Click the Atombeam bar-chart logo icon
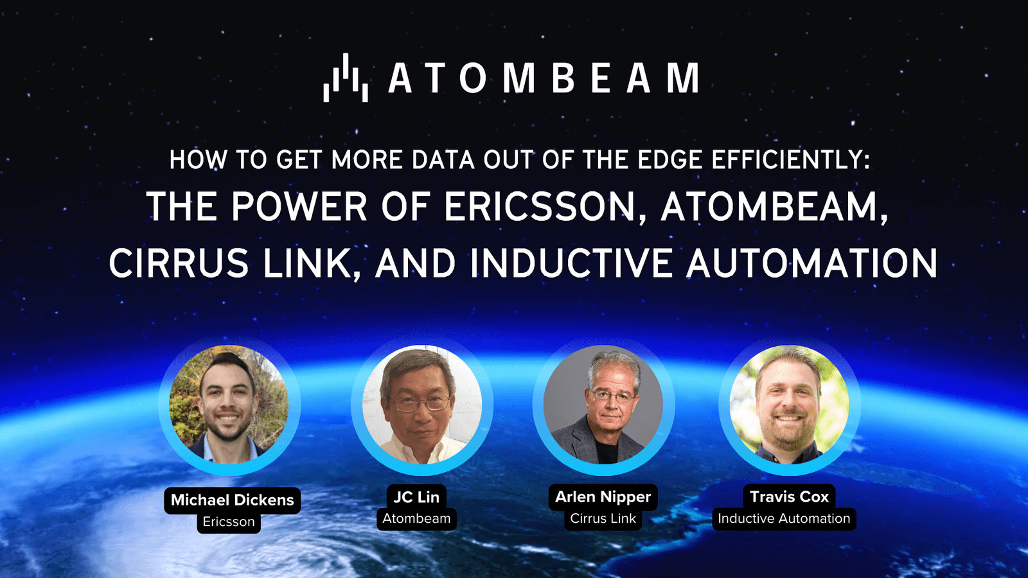(x=346, y=78)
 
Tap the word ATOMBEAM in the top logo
(x=544, y=78)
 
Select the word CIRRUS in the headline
(x=179, y=264)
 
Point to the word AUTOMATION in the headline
(x=812, y=264)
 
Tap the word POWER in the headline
(x=299, y=207)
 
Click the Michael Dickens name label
(x=232, y=500)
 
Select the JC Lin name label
(x=416, y=496)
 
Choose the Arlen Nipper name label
(x=603, y=496)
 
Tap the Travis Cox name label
(x=789, y=496)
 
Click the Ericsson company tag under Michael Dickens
(x=229, y=521)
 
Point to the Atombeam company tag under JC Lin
(x=416, y=518)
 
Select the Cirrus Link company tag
(x=603, y=518)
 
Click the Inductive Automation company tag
(x=784, y=518)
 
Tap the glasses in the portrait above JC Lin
(x=421, y=403)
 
